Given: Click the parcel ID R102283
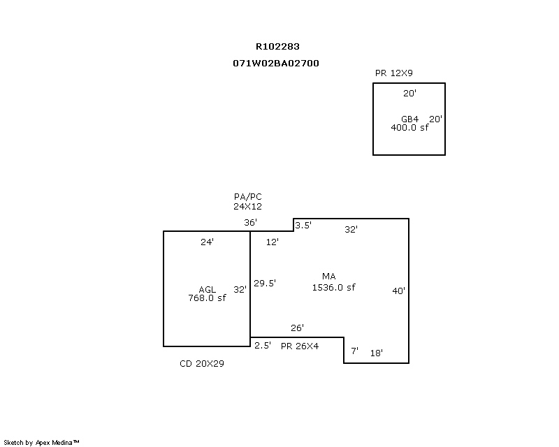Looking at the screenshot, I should click(x=277, y=47).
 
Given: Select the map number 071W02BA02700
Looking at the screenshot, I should click(x=276, y=63).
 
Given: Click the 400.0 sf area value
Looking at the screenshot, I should click(x=409, y=128).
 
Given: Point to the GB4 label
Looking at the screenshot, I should click(x=409, y=119).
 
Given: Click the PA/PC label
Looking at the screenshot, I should click(x=247, y=197).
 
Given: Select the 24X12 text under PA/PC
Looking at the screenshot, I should click(x=247, y=207).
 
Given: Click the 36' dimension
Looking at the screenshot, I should click(x=250, y=223).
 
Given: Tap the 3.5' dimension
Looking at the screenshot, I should click(x=303, y=226).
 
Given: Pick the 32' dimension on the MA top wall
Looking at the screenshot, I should click(x=351, y=229).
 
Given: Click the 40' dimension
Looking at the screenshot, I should click(x=398, y=291).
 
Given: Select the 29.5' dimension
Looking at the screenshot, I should click(x=265, y=283).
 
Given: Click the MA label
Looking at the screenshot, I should click(x=329, y=277).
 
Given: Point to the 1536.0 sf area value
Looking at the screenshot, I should click(x=333, y=287).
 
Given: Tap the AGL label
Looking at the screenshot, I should click(x=207, y=289).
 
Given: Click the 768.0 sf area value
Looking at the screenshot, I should click(x=207, y=298).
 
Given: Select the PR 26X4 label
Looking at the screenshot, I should click(x=300, y=346).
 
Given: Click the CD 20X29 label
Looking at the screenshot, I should click(x=202, y=364).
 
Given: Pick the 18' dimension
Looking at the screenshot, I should click(x=376, y=353).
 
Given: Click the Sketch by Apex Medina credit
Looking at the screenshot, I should click(x=42, y=442).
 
